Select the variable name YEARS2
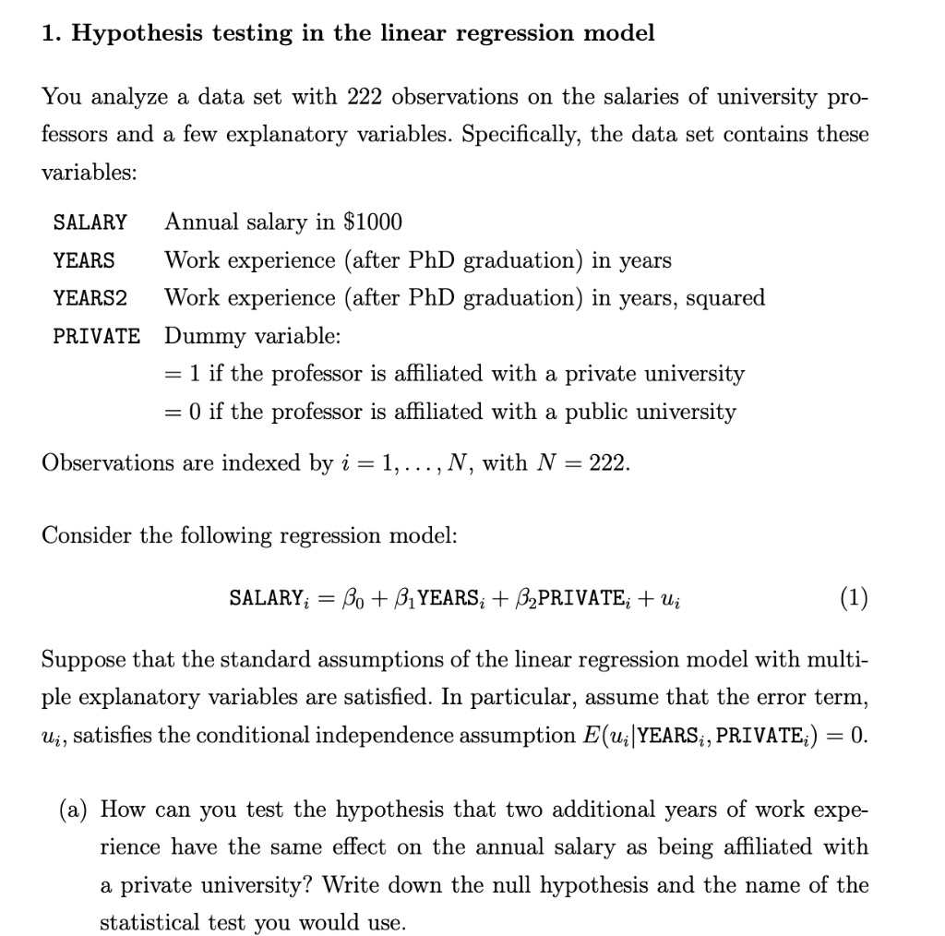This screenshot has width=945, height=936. (x=90, y=298)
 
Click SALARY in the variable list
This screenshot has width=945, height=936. (x=90, y=222)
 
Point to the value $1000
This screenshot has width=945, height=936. (x=373, y=222)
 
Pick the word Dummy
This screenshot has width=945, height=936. (x=198, y=336)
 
